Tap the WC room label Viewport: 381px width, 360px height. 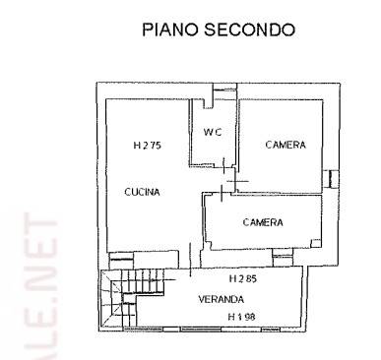(x=212, y=133)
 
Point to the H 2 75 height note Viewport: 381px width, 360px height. (x=148, y=146)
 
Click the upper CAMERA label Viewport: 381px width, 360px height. (x=285, y=145)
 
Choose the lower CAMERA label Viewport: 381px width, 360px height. (x=263, y=222)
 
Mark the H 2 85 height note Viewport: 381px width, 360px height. (x=241, y=278)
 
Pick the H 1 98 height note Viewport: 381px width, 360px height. (x=241, y=316)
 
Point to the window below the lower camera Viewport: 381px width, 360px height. (x=283, y=257)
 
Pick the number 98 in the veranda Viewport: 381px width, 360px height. (x=248, y=316)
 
